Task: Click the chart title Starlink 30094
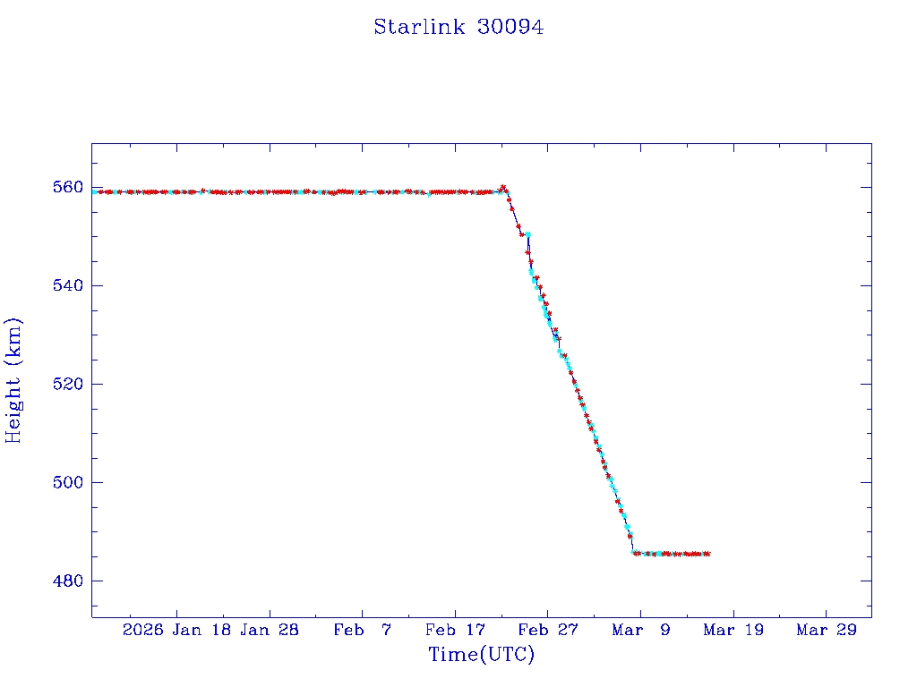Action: [458, 27]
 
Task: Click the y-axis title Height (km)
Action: [13, 380]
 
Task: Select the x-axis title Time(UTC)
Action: [481, 655]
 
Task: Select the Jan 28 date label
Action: [270, 630]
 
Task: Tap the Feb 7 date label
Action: [362, 630]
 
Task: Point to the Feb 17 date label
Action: [454, 630]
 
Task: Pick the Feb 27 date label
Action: [547, 630]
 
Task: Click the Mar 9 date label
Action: [640, 630]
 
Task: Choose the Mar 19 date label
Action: [733, 630]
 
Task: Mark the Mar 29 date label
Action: [826, 630]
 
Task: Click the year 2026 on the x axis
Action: [142, 630]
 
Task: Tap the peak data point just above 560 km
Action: [503, 187]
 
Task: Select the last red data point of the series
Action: [707, 554]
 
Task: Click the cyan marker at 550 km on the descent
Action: [528, 234]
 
